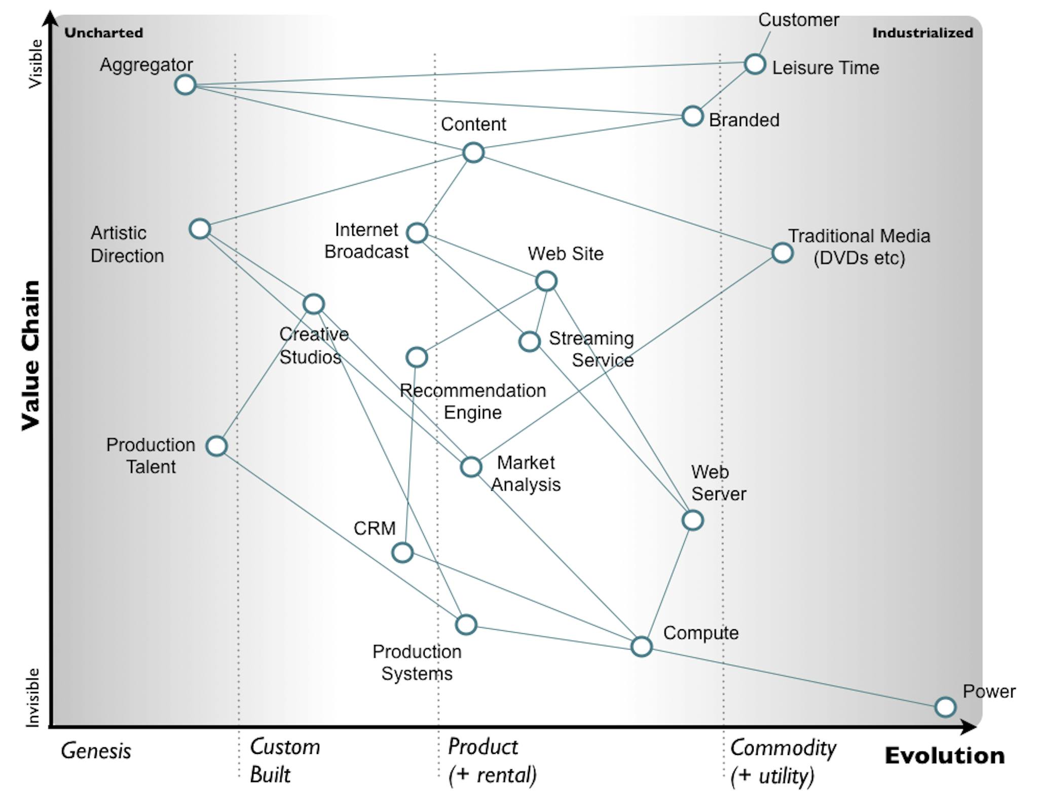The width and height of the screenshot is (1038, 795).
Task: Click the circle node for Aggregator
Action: [x=186, y=85]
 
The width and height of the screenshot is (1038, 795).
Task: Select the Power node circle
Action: [x=945, y=707]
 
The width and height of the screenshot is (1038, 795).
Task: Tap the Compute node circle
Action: [x=641, y=646]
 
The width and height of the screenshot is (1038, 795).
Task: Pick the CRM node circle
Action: [x=402, y=552]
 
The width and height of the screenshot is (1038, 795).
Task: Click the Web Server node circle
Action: [x=692, y=520]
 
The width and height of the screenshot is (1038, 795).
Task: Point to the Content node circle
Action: [x=473, y=152]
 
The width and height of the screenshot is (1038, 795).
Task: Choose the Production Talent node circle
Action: [x=216, y=446]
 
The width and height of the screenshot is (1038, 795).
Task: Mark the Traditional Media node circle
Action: [x=782, y=252]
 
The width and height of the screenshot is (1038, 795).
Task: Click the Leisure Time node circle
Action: [x=755, y=64]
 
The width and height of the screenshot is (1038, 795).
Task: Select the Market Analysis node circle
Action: [x=471, y=466]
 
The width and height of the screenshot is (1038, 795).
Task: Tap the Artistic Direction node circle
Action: [x=200, y=229]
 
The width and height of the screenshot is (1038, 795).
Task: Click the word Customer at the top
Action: [x=798, y=20]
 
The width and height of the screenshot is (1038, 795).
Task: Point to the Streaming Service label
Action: [x=591, y=349]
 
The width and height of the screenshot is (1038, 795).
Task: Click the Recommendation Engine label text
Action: [x=472, y=401]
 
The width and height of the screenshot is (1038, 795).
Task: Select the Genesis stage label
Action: [x=96, y=751]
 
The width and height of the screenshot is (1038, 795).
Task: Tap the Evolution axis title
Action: [x=944, y=756]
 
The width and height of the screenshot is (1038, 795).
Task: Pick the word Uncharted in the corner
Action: [x=103, y=33]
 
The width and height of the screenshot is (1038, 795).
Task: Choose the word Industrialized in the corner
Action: [x=922, y=33]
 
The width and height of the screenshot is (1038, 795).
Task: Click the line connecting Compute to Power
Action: [x=793, y=677]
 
